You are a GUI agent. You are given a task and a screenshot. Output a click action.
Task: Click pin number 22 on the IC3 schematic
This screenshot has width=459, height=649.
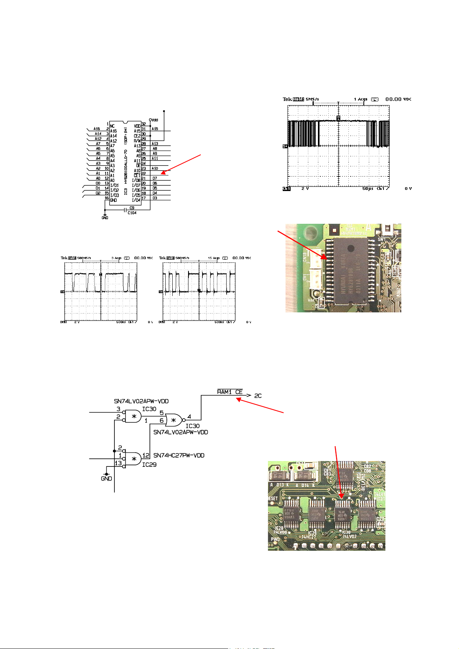click(x=143, y=173)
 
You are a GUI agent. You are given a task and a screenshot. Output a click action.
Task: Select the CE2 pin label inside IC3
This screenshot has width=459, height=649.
click(x=137, y=136)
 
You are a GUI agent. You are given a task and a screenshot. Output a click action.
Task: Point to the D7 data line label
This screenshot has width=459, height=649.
click(x=155, y=178)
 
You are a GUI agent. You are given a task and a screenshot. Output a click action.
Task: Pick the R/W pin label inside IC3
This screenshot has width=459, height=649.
click(x=137, y=141)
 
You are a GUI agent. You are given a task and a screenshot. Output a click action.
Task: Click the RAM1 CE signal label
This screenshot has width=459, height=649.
click(x=230, y=392)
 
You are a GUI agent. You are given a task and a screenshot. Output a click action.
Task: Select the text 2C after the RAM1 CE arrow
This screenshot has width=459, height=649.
click(x=258, y=396)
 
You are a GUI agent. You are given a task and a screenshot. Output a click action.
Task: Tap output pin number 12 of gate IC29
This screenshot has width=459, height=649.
click(x=146, y=456)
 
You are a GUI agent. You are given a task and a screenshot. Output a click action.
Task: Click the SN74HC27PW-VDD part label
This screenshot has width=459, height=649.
click(x=179, y=455)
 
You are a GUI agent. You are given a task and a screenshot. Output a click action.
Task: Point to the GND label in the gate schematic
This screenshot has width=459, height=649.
click(x=106, y=479)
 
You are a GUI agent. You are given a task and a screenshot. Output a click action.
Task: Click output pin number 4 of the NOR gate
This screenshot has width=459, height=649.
click(x=189, y=416)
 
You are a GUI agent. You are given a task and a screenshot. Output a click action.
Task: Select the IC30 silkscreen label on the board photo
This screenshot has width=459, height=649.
click(x=346, y=532)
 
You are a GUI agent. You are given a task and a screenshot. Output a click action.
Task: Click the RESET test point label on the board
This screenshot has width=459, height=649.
click(x=273, y=498)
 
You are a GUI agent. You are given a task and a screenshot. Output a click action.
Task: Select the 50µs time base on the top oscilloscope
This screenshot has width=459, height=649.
click(x=368, y=189)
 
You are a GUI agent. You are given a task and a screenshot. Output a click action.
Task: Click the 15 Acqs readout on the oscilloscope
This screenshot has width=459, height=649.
click(x=214, y=258)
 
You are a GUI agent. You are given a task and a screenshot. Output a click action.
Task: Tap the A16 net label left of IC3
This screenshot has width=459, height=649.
click(x=97, y=129)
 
